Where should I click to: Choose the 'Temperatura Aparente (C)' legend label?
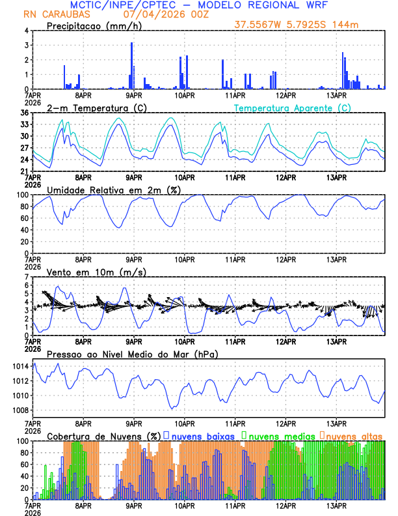pos(292,107)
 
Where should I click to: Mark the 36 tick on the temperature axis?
pos(23,113)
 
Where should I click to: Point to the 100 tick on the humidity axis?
pos(21,195)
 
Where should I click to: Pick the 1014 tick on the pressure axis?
pos(20,366)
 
